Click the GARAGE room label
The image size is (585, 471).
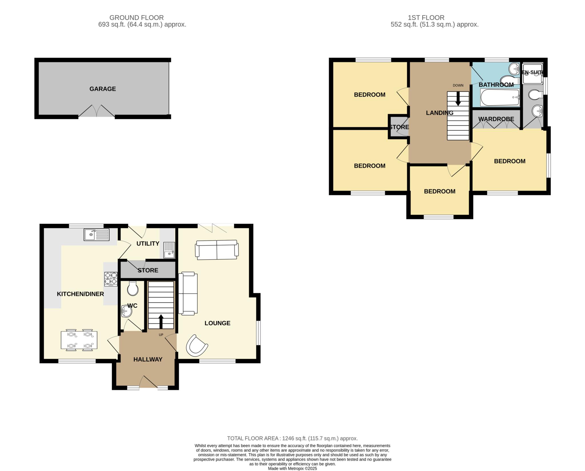pos(103,89)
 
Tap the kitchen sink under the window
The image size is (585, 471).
pos(97,235)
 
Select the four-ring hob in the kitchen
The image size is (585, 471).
pos(111,279)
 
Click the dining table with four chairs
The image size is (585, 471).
pos(79,340)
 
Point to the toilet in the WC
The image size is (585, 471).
pos(133,288)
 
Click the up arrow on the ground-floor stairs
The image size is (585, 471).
pos(161,322)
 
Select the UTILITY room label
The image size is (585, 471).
pos(148,244)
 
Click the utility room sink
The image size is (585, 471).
pos(169,250)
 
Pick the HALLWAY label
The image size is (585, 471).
pos(148,359)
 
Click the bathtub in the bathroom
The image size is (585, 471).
pos(500,97)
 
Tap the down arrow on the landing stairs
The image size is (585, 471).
pos(458,99)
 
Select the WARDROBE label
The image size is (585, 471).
pos(496,119)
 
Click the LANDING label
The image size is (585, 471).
pos(440,113)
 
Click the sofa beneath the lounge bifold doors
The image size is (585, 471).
pos(217,250)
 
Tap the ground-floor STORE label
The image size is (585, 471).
pos(148,270)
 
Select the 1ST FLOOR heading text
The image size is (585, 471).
pos(426,18)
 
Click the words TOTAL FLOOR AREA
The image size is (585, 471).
pos(253,438)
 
